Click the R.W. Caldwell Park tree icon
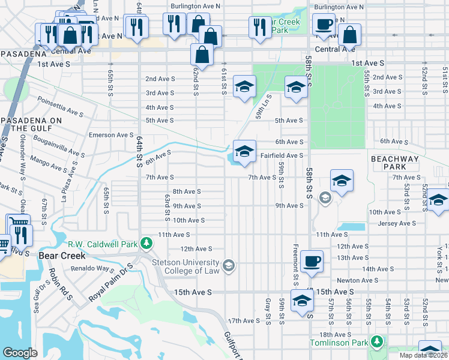146,244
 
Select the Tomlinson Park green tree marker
377,342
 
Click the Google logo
20,353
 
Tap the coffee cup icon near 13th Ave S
312,262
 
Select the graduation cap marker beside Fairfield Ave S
244,152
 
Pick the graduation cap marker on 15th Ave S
302,302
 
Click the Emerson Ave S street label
110,135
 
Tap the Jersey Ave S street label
397,223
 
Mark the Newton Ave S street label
357,280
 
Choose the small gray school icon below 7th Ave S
325,198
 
